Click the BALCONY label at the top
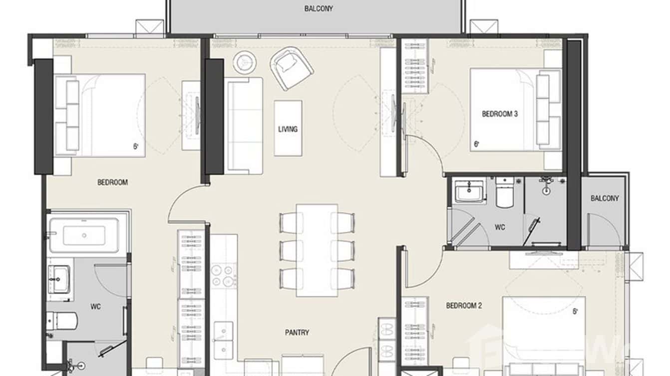pos(318,8)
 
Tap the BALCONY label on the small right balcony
pos(604,198)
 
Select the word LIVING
pos(288,129)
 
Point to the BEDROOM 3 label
pos(499,114)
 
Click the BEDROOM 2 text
pos(463,306)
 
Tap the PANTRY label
pos(297,333)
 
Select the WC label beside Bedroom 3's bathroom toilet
pos(500,227)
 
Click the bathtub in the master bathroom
pos(84,235)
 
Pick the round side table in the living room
pos(245,62)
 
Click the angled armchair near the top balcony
pos(292,68)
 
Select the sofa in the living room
pos(244,125)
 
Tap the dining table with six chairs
pos(317,250)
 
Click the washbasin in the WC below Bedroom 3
pos(470,190)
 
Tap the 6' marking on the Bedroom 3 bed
pos(476,144)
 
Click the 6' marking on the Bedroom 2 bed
pos(575,312)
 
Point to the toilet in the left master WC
pos(61,322)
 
